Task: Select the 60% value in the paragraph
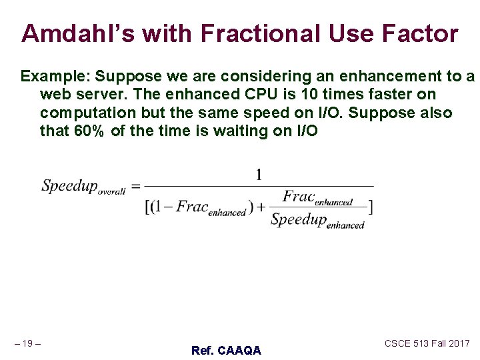89,131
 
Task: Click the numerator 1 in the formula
259,175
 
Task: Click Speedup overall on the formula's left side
83,187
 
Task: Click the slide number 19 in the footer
27,343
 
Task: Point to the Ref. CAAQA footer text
226,350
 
